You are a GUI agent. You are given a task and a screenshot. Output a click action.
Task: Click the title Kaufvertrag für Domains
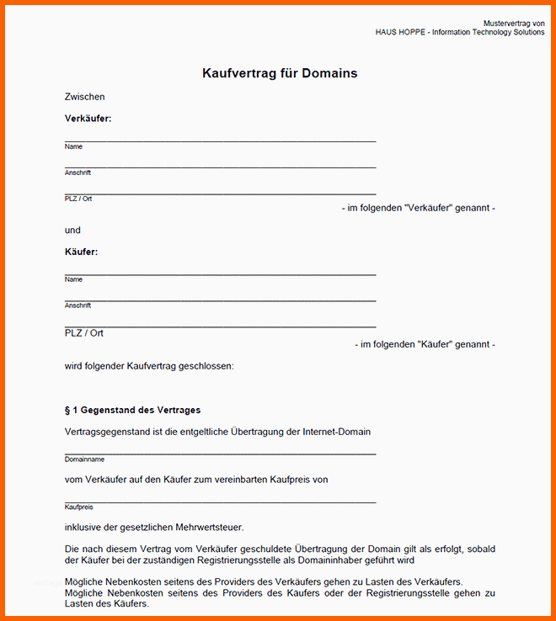point(280,73)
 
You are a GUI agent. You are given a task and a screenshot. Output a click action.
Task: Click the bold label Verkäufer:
point(88,119)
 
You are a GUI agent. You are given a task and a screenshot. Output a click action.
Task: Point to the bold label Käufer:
point(81,252)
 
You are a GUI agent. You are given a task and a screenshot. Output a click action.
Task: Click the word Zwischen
point(84,97)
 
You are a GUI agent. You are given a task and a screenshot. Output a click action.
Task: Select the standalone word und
point(72,230)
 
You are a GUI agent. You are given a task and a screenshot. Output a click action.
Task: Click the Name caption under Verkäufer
point(73,146)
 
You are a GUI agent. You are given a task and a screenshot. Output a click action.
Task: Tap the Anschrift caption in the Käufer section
point(78,305)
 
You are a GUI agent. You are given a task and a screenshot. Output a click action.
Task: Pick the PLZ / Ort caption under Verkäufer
point(78,199)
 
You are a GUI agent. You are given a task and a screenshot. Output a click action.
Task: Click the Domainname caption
point(84,459)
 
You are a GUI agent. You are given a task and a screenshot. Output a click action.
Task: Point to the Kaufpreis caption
point(78,507)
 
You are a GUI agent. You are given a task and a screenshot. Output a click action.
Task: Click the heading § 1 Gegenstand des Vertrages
point(132,411)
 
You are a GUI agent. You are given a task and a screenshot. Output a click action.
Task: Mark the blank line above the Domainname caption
point(220,454)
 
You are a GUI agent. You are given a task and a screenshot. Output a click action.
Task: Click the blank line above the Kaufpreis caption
point(220,502)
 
